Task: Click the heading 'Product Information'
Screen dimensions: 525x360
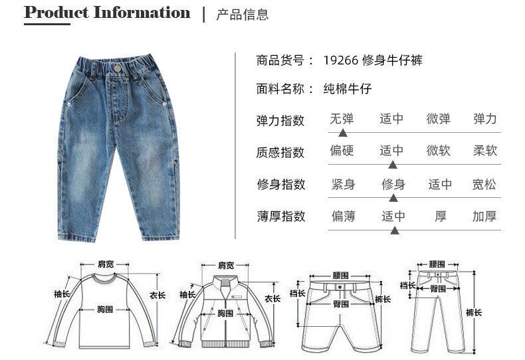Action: click(107, 13)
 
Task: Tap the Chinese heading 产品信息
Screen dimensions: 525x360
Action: click(243, 15)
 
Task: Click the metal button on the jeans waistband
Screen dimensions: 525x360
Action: click(117, 68)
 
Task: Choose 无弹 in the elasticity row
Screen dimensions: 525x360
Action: click(342, 120)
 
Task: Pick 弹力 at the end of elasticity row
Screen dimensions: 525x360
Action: click(485, 120)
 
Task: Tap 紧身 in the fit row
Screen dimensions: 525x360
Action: click(343, 184)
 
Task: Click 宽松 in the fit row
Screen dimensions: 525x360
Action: click(484, 184)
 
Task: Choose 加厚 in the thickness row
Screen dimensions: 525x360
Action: click(484, 217)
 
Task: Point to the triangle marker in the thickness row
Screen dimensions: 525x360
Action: click(394, 230)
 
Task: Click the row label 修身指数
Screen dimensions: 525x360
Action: click(280, 184)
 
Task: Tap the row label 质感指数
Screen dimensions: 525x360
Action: click(280, 152)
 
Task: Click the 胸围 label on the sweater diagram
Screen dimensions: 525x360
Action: click(105, 310)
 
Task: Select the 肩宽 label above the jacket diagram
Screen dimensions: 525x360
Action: click(226, 265)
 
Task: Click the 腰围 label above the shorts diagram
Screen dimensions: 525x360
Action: click(341, 274)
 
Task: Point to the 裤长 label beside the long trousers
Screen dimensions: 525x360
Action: click(474, 313)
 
